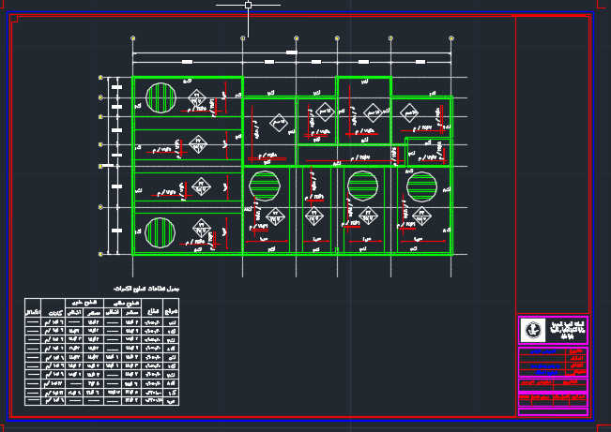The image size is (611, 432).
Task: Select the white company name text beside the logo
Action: click(566, 329)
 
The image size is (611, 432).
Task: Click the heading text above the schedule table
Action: click(145, 290)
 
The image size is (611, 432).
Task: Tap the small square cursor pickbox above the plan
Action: click(248, 6)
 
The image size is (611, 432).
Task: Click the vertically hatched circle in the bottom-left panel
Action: click(160, 231)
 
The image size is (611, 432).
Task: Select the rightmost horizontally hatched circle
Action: click(421, 186)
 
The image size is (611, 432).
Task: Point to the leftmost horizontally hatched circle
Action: click(264, 186)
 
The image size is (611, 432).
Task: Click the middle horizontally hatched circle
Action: click(361, 186)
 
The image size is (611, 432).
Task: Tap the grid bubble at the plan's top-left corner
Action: click(133, 38)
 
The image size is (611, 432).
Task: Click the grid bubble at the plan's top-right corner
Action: click(451, 38)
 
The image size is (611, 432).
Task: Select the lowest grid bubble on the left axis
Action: click(100, 254)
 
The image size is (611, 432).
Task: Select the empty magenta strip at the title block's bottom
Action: click(553, 411)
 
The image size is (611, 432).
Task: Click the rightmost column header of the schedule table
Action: click(171, 307)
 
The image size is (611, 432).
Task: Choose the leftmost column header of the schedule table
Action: click(32, 307)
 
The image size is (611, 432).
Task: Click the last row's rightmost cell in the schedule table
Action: click(171, 401)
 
